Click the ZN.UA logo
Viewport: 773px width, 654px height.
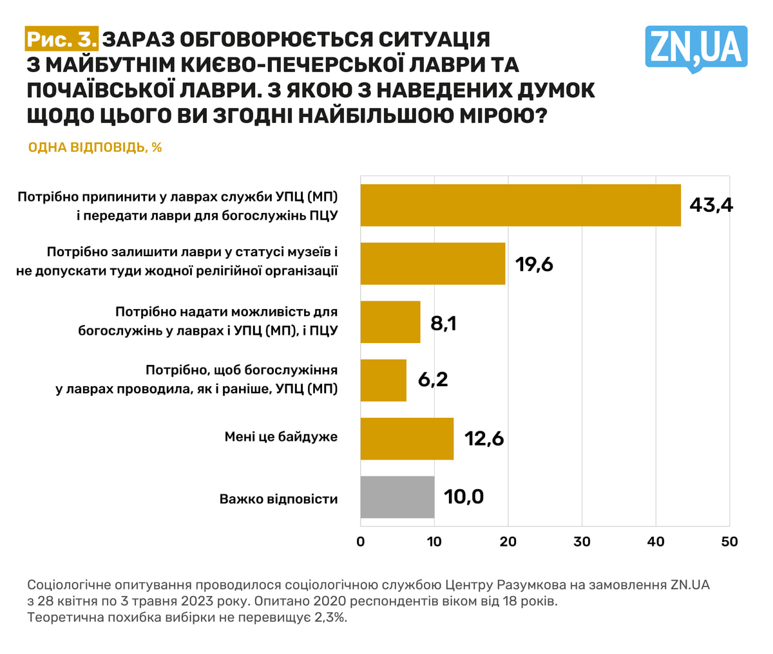pos(696,48)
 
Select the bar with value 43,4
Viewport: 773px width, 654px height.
pos(520,205)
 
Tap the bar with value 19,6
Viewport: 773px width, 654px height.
pos(432,264)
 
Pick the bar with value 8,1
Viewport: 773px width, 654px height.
pos(390,322)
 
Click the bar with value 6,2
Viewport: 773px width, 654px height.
pos(383,380)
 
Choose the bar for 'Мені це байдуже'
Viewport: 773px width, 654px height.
pos(406,438)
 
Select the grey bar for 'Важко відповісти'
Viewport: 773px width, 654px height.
pos(397,497)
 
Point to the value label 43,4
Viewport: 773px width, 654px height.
pos(711,205)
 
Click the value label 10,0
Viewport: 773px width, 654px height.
pos(463,497)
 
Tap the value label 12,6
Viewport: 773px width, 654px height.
pos(483,439)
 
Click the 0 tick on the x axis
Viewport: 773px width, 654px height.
pos(360,542)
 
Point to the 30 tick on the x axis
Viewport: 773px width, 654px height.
pos(582,542)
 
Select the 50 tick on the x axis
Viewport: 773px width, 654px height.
pos(729,542)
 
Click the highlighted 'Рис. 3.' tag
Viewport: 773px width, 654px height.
pos(62,39)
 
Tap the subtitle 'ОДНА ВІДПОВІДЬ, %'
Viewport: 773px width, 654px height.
pos(95,147)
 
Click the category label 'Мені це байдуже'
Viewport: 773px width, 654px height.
pos(281,437)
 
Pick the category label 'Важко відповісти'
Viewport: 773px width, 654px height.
pos(278,499)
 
